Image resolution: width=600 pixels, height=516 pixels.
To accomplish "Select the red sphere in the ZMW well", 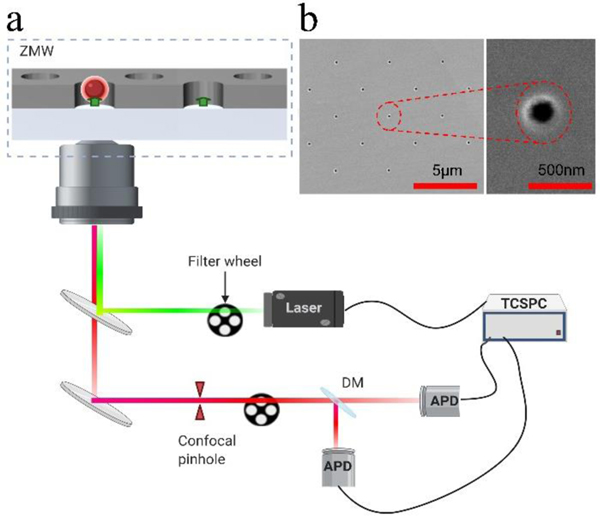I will (93, 89).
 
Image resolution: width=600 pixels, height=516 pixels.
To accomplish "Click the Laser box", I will (305, 308).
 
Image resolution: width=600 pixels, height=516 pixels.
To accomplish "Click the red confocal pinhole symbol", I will (201, 401).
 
